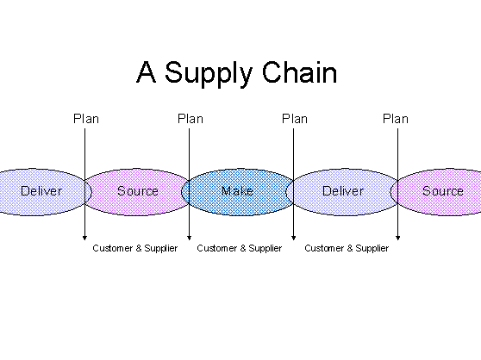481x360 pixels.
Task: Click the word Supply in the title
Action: coord(209,74)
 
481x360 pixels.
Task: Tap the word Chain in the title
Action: coord(299,72)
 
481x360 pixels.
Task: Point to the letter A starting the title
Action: coord(147,72)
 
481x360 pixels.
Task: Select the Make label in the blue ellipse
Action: coord(237,191)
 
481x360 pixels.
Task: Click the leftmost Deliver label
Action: coord(41,191)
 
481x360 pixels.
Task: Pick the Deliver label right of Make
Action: coord(343,191)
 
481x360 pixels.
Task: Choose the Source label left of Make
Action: coord(138,191)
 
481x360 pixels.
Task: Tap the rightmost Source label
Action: coord(443,191)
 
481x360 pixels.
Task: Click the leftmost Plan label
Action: coord(86,119)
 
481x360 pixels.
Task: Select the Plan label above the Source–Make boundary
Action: coord(191,119)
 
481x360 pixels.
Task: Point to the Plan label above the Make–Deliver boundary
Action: coord(295,119)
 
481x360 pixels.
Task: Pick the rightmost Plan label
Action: coord(396,119)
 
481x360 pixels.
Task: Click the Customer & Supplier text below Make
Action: coord(240,248)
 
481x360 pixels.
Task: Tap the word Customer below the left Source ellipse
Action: coord(112,248)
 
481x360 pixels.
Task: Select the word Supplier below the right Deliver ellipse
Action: coord(372,249)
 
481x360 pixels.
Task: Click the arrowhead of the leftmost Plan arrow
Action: coord(85,238)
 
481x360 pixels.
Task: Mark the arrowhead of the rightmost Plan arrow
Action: coord(398,238)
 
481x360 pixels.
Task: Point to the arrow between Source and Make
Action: coord(190,184)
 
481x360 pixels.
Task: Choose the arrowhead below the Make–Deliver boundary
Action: coord(294,238)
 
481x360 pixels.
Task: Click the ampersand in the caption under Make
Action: coord(242,248)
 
